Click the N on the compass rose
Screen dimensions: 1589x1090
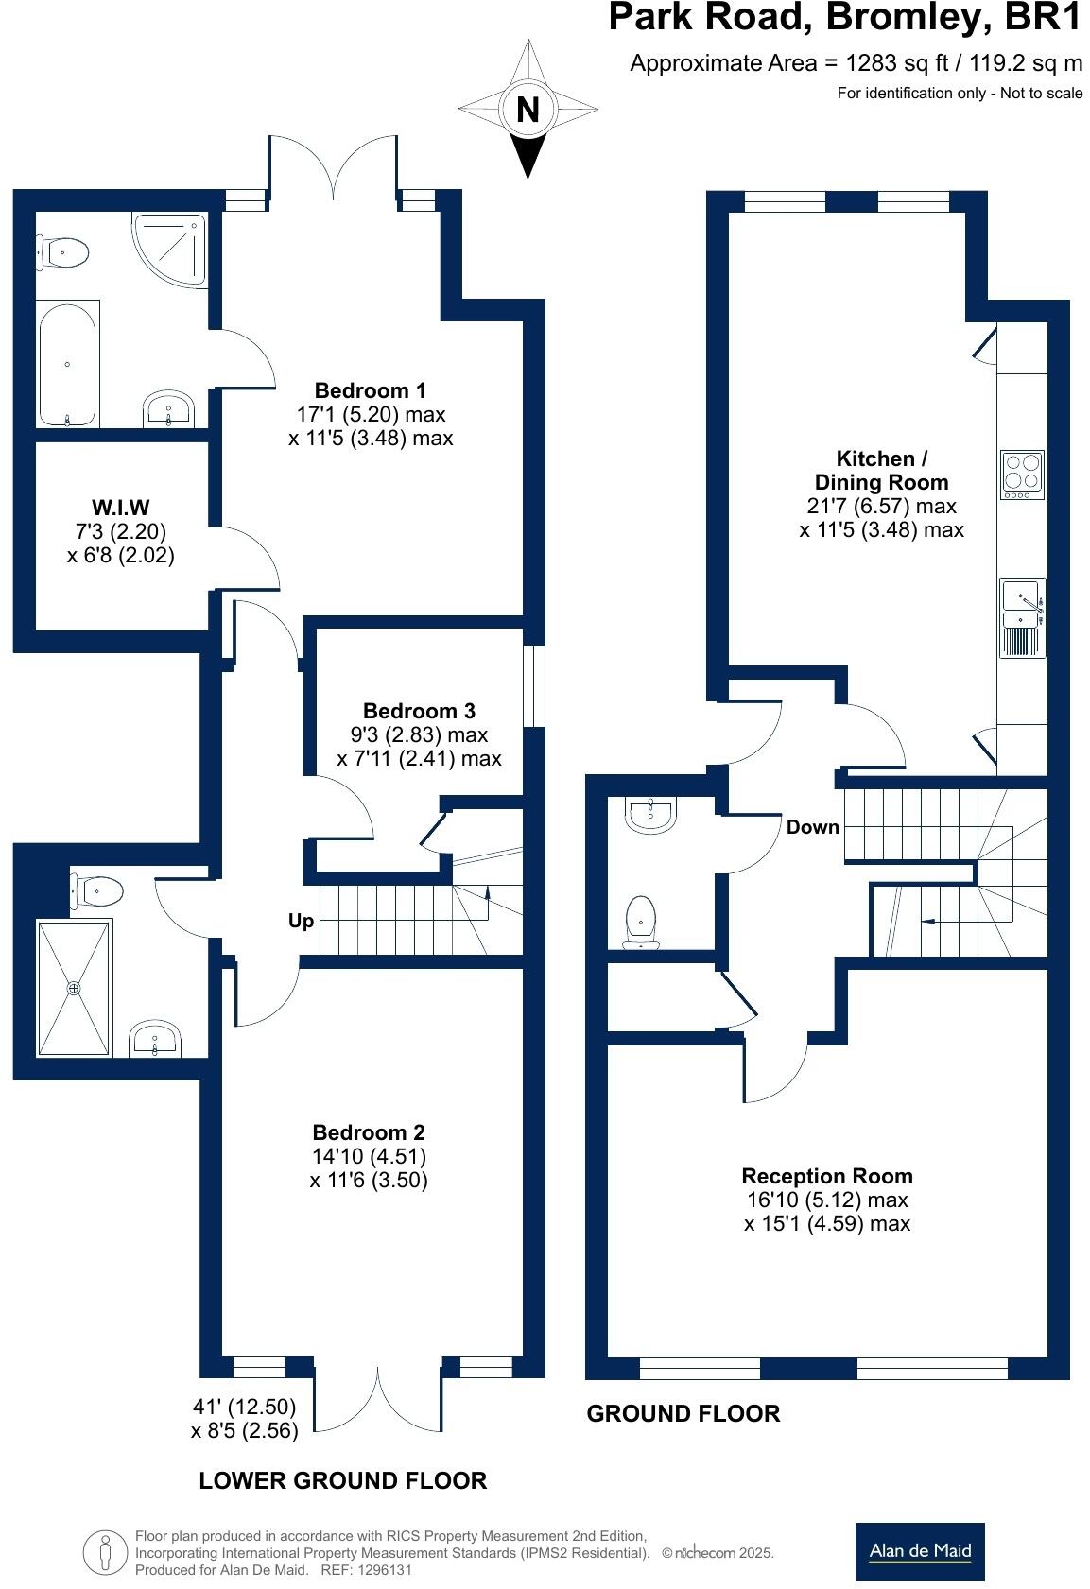tap(528, 111)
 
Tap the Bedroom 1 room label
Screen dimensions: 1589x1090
tap(370, 390)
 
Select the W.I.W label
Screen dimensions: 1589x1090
tap(121, 508)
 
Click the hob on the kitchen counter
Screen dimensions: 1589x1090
tap(1022, 475)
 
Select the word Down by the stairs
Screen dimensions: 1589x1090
tap(812, 827)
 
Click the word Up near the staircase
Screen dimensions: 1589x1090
tap(301, 920)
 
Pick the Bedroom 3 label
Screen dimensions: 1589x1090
tap(419, 711)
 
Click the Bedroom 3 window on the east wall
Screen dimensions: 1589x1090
tap(535, 686)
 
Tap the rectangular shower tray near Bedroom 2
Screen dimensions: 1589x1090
tap(74, 988)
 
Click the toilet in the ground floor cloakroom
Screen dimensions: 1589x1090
tap(642, 921)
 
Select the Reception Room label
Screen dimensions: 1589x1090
tap(827, 1176)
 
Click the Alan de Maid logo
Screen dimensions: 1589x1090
tap(919, 1550)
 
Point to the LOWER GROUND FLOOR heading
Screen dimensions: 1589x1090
tap(342, 1480)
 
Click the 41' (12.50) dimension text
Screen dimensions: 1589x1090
tap(244, 1407)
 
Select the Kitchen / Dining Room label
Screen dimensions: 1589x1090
tap(881, 470)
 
